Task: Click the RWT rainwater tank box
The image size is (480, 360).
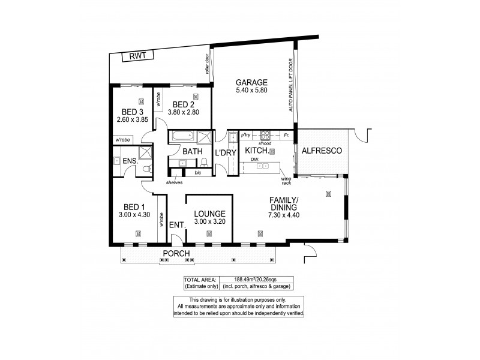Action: pos(138,56)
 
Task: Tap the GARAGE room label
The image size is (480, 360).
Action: pos(251,82)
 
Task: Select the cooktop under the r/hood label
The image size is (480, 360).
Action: pos(265,134)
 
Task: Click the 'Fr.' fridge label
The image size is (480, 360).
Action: pos(287,135)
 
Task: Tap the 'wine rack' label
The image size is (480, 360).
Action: pos(287,180)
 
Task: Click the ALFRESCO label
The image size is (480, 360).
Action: pos(322,151)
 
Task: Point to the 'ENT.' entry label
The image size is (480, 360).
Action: pos(176,224)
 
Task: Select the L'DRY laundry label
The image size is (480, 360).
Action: pos(226,154)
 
